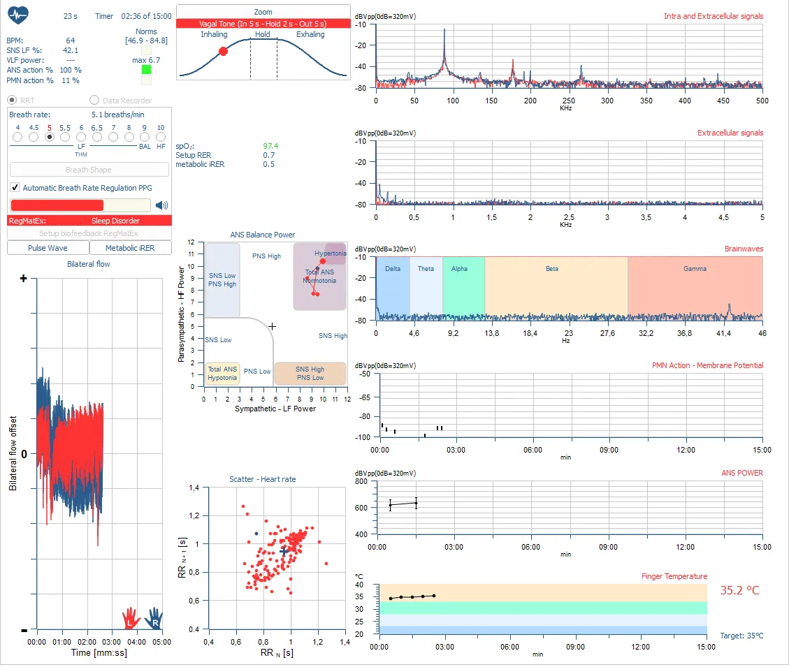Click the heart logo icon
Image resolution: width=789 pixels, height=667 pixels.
pyautogui.click(x=17, y=15)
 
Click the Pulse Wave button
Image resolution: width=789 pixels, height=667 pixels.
pyautogui.click(x=48, y=248)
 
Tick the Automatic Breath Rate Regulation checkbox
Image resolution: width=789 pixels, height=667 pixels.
pyautogui.click(x=15, y=188)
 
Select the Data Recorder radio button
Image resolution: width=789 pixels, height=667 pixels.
pyautogui.click(x=94, y=101)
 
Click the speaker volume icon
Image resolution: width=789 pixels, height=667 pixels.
pyautogui.click(x=161, y=205)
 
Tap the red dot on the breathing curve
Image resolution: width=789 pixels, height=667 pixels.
pyautogui.click(x=224, y=51)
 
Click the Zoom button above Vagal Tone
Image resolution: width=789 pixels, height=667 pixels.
pyautogui.click(x=263, y=12)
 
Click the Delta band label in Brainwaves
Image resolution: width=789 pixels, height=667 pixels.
pyautogui.click(x=393, y=269)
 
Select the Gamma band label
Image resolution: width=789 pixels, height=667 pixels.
pyautogui.click(x=695, y=269)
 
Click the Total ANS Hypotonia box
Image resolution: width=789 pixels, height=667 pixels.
pyautogui.click(x=223, y=373)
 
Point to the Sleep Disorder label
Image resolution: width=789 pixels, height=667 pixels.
pyautogui.click(x=115, y=221)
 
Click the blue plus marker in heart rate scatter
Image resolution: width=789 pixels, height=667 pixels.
pyautogui.click(x=284, y=551)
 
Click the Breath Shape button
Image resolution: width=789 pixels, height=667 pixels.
pyautogui.click(x=89, y=170)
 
